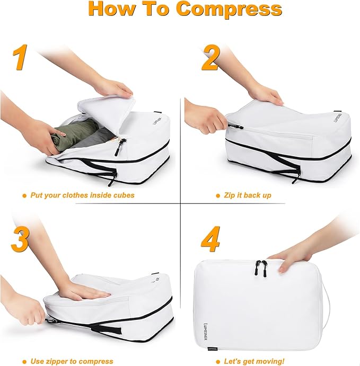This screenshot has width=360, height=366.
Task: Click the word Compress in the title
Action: pos(229,9)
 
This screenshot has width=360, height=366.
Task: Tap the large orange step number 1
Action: pos(21,58)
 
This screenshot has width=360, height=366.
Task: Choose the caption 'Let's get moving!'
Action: pos(254,361)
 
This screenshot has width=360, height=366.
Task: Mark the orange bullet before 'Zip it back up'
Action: pos(217,195)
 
